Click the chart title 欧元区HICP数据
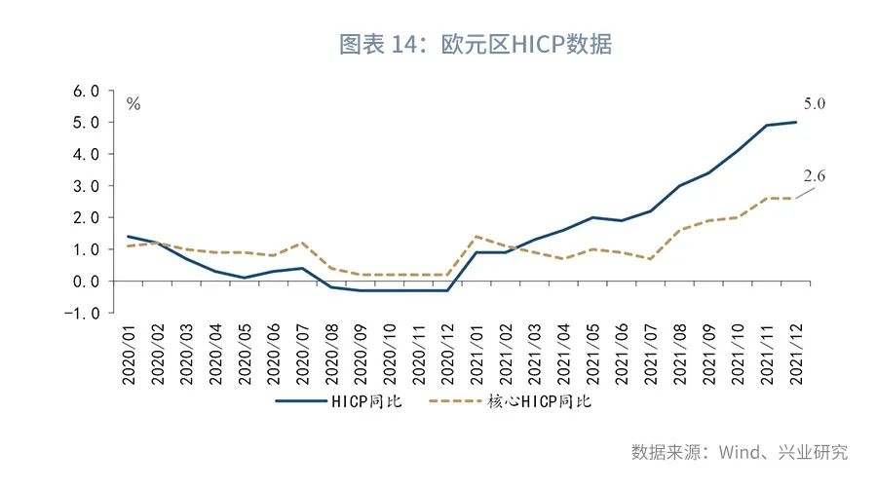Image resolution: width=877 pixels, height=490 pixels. click(x=475, y=44)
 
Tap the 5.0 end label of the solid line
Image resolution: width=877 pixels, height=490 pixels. click(x=815, y=103)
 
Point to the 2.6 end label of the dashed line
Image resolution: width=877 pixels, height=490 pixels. click(x=815, y=176)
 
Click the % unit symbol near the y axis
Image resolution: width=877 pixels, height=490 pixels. click(x=133, y=103)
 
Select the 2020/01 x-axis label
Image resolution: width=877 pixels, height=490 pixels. click(x=129, y=354)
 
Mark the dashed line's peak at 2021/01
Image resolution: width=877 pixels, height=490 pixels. click(x=476, y=236)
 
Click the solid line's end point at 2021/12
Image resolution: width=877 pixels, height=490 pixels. click(x=795, y=122)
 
